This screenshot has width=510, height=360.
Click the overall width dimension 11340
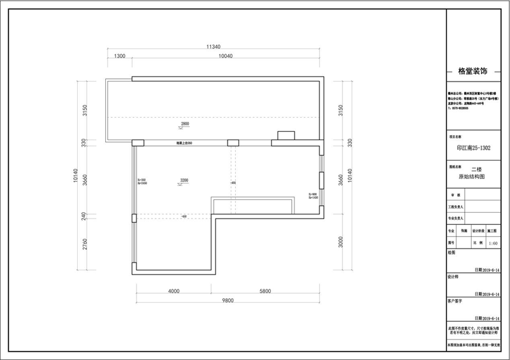pyautogui.click(x=214, y=47)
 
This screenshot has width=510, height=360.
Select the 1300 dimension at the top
pyautogui.click(x=119, y=57)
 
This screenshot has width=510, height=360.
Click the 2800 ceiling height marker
pyautogui.click(x=186, y=124)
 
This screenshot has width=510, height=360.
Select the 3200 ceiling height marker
pyautogui.click(x=184, y=181)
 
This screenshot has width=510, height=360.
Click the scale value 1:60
pyautogui.click(x=492, y=243)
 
